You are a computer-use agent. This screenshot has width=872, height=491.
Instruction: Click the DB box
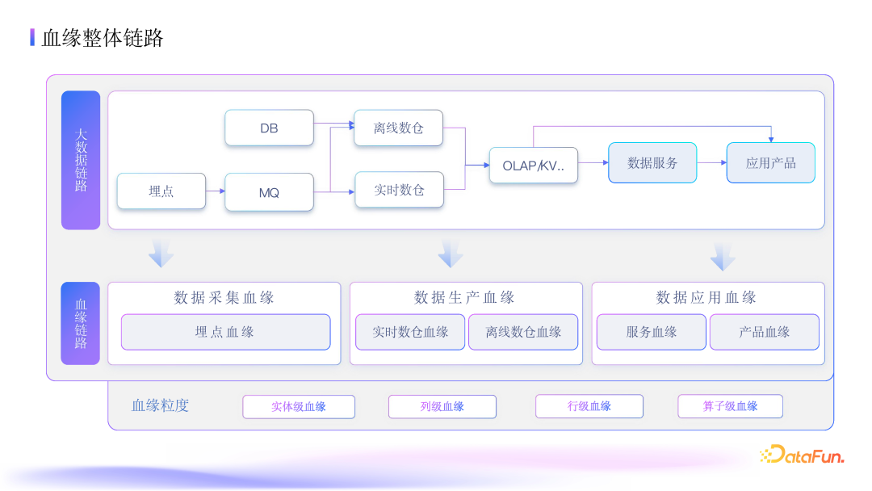[x=269, y=128]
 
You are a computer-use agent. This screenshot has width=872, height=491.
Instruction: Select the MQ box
[x=269, y=192]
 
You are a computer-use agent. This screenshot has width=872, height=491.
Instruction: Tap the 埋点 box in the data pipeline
[x=161, y=191]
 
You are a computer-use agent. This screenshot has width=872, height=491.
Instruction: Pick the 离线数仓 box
[x=398, y=128]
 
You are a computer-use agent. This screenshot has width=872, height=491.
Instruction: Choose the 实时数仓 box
[x=399, y=190]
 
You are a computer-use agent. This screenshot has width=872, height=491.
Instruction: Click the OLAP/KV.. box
[x=534, y=166]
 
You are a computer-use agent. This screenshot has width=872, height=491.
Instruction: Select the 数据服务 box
[x=652, y=162]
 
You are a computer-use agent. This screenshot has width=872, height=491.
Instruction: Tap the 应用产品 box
[x=770, y=162]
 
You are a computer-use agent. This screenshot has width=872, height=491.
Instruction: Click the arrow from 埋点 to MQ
[x=216, y=191]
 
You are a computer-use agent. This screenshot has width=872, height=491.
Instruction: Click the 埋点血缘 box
[x=225, y=332]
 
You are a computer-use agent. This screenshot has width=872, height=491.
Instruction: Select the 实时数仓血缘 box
[x=410, y=332]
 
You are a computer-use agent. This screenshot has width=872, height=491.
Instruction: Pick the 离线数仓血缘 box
[x=523, y=332]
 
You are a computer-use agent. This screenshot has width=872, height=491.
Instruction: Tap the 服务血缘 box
[x=651, y=332]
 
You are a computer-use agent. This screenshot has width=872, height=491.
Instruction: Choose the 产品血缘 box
[x=764, y=332]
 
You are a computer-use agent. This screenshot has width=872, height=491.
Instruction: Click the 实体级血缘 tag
[x=298, y=406]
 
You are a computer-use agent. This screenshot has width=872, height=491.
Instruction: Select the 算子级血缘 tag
[x=730, y=406]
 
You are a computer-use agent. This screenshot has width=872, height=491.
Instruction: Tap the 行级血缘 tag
[x=589, y=406]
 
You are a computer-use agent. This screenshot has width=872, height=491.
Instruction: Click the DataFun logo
[x=802, y=455]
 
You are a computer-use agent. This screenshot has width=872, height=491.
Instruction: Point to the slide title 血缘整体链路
[x=103, y=37]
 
